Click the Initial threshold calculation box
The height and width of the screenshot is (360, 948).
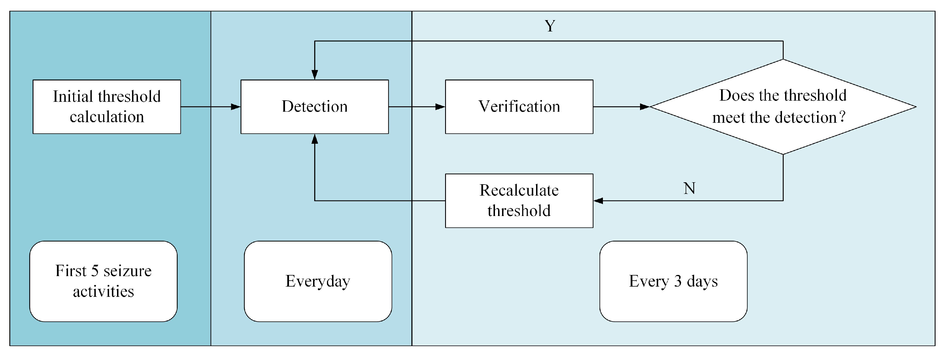click(107, 107)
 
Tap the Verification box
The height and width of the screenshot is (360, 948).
click(519, 107)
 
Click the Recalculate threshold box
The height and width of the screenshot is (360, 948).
click(519, 201)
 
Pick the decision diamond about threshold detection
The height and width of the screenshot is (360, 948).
click(783, 107)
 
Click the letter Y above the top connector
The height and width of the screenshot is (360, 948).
click(550, 26)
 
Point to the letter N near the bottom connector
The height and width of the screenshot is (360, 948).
click(689, 189)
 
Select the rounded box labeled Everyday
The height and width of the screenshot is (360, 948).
click(318, 281)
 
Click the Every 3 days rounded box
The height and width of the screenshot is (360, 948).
click(673, 281)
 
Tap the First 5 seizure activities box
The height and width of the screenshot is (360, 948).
click(103, 281)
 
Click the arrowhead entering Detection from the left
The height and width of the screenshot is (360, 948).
click(235, 107)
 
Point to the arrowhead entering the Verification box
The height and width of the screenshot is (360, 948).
click(440, 107)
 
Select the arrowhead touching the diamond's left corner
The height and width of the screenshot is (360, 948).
click(645, 107)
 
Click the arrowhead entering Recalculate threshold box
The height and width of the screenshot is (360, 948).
click(598, 201)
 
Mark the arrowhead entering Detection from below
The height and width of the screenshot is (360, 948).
click(315, 139)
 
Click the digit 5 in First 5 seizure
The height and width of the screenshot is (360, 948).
click(95, 271)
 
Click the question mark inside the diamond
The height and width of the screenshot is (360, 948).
click(842, 117)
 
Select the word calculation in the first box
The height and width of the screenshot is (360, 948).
click(107, 117)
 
